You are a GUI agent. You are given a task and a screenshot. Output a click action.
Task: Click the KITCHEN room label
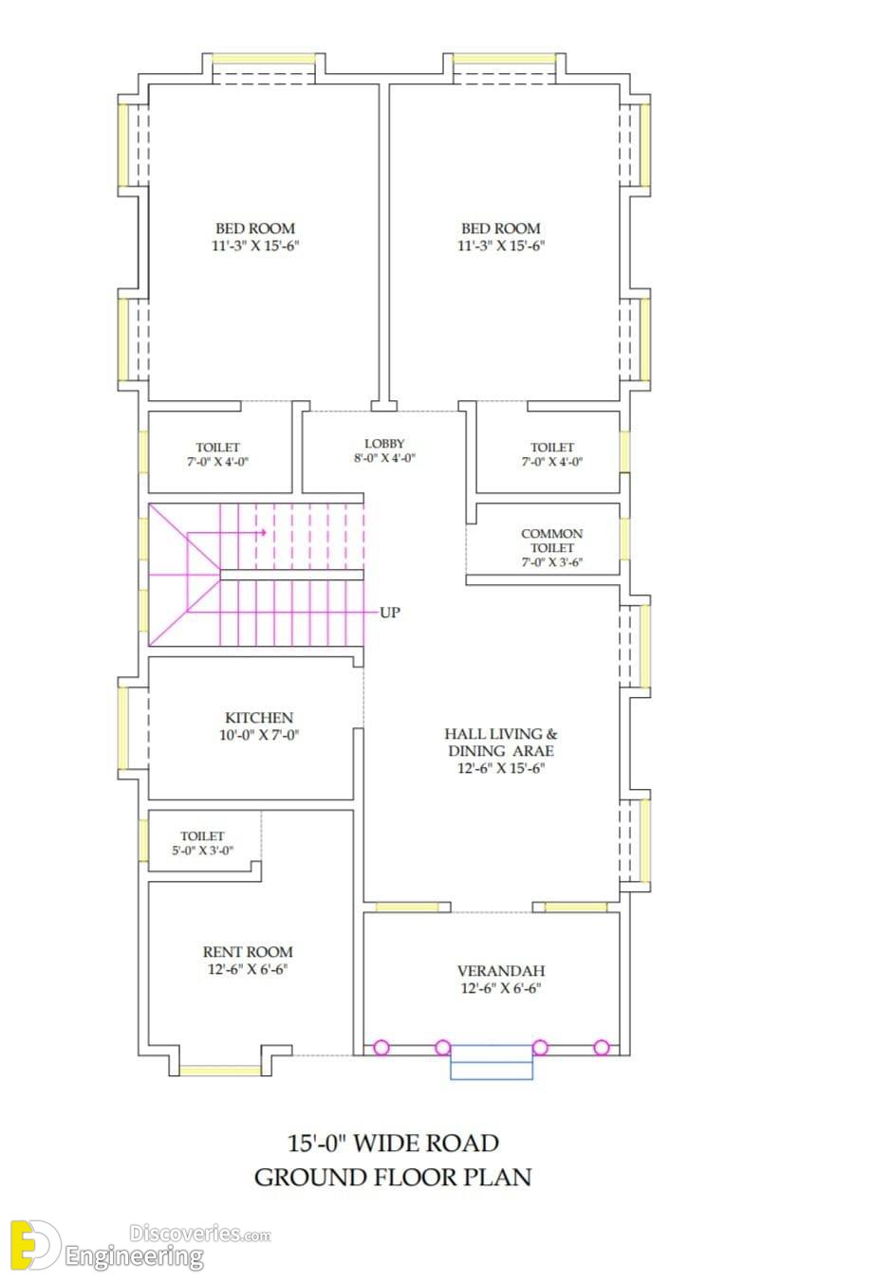click(x=259, y=718)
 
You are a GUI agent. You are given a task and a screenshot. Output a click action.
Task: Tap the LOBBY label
click(x=384, y=444)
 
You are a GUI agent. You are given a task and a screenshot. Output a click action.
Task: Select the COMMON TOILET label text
click(x=551, y=540)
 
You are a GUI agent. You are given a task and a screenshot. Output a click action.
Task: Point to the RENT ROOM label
click(x=248, y=952)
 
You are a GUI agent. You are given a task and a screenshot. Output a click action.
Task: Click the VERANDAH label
click(x=501, y=971)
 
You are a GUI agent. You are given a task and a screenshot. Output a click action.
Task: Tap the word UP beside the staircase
click(x=389, y=613)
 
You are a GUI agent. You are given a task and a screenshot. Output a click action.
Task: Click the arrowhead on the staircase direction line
click(x=263, y=532)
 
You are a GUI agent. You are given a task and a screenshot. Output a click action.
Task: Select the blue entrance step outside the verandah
click(x=492, y=1062)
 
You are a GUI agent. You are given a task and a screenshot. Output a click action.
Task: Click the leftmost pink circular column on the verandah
click(x=381, y=1048)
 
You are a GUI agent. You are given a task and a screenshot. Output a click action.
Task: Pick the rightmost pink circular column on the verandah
click(x=602, y=1048)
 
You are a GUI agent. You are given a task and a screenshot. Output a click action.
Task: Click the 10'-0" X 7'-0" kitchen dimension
click(x=259, y=735)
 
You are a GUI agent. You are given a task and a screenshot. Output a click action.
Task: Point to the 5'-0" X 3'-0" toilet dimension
click(x=202, y=851)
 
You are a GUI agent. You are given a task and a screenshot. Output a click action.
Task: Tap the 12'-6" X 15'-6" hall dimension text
click(x=501, y=768)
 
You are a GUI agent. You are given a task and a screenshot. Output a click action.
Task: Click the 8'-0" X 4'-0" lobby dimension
click(x=384, y=458)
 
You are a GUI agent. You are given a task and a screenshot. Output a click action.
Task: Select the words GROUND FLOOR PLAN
click(x=393, y=1178)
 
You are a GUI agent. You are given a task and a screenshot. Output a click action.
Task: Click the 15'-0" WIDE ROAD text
click(x=393, y=1144)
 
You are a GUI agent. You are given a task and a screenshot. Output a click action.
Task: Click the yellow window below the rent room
click(x=220, y=1070)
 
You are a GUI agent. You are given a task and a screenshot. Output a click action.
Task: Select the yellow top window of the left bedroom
click(x=264, y=59)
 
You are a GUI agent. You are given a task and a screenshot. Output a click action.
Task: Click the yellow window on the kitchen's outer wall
click(x=123, y=728)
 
